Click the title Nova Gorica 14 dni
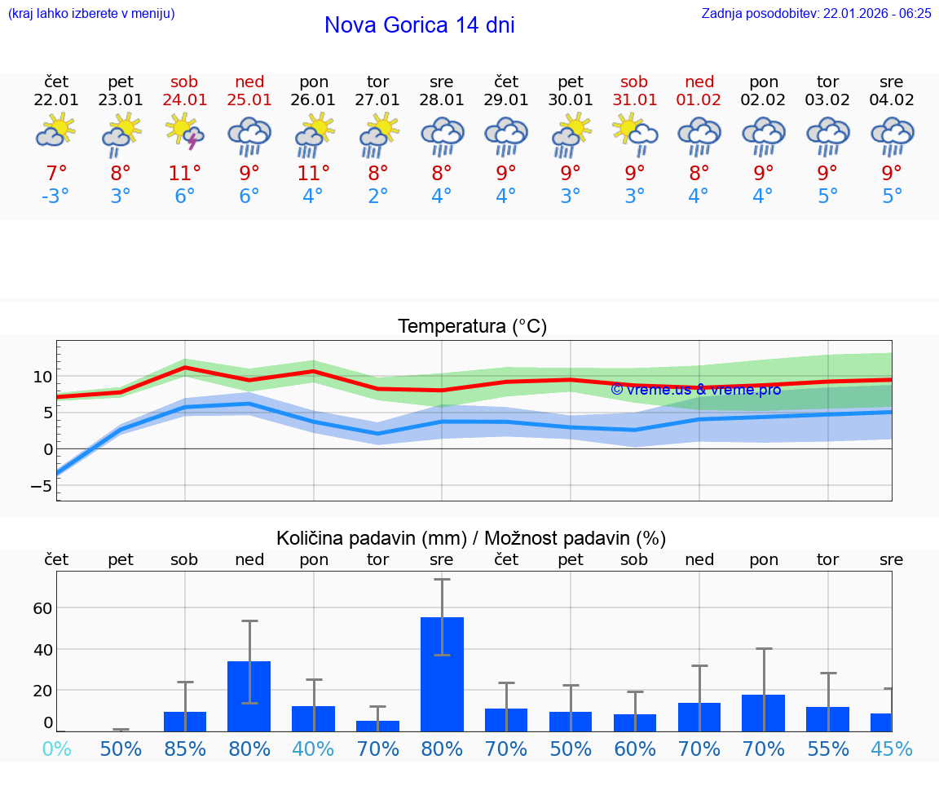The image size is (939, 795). click(419, 25)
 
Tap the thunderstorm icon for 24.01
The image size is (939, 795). click(185, 132)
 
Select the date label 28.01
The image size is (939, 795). click(442, 100)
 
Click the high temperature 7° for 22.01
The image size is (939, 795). click(56, 173)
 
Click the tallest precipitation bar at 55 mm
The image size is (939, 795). click(442, 674)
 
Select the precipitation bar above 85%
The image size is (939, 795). click(185, 721)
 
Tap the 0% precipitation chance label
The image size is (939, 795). click(56, 749)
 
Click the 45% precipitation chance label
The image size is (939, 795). click(892, 749)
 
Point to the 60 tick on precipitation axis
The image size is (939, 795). click(42, 608)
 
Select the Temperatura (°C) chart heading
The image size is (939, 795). click(472, 327)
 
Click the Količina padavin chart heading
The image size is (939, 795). click(471, 538)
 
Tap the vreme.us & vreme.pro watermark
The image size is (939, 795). click(695, 390)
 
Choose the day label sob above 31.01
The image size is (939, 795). click(634, 82)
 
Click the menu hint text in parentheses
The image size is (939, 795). click(91, 13)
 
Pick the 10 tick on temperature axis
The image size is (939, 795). click(42, 377)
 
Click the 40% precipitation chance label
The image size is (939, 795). click(314, 749)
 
